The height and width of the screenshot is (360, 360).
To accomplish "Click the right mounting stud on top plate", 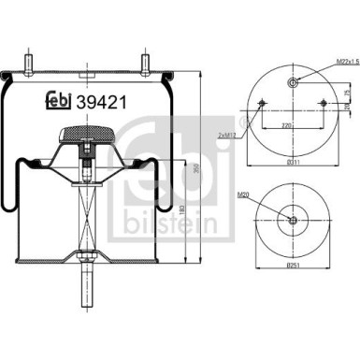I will (x=147, y=65).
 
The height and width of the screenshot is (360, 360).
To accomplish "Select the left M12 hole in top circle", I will (x=260, y=103).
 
